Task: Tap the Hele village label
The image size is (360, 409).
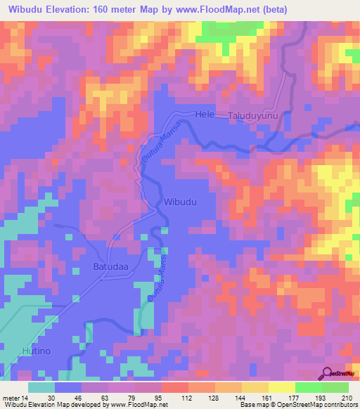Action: pos(204,114)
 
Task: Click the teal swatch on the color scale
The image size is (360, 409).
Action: pos(41,387)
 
